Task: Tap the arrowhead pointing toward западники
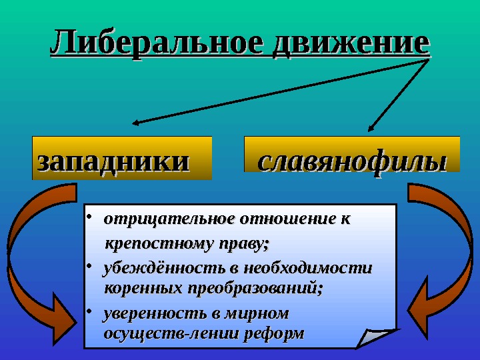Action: pos(137,123)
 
